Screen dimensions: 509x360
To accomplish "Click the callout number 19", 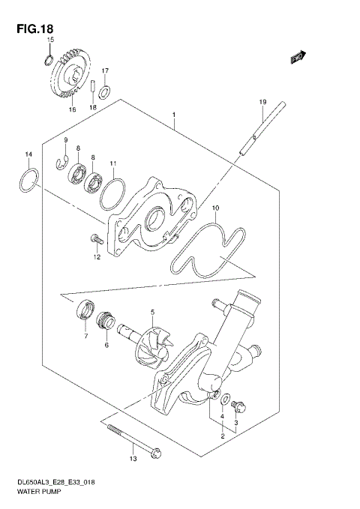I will click(263, 102).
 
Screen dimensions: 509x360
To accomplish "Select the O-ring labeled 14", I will click(28, 182).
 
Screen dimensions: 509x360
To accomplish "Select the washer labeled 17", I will click(106, 92).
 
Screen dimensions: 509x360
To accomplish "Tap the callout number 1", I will click(173, 116).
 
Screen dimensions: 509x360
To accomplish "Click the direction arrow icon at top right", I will click(298, 56).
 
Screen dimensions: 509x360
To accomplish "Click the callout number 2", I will click(221, 436).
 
